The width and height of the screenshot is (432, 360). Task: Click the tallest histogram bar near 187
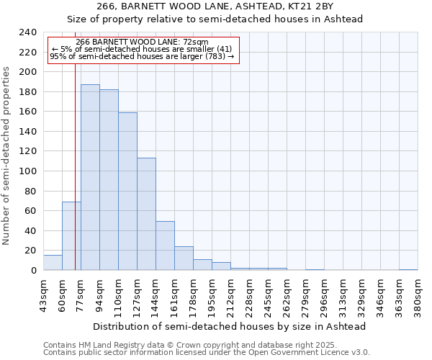[90, 177]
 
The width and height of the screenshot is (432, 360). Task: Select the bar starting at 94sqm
[109, 180]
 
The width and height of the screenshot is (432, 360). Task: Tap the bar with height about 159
[127, 192]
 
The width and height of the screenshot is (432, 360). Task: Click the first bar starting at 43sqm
[53, 263]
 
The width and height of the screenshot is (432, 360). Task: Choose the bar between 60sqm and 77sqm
[71, 236]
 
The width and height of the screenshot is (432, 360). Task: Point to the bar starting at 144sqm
[165, 246]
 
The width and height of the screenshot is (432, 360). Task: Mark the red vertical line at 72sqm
[75, 144]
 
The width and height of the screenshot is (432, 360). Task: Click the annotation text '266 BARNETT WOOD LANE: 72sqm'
[142, 42]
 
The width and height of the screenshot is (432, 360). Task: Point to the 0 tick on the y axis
[33, 270]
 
